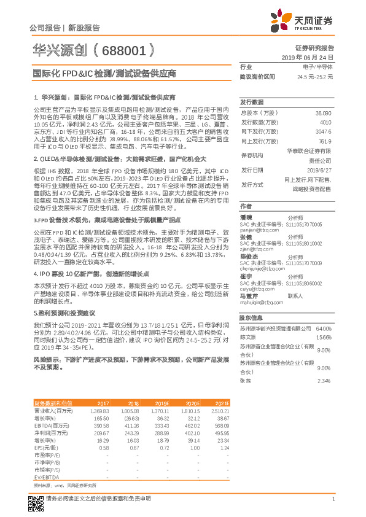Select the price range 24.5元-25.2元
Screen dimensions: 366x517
coord(314,77)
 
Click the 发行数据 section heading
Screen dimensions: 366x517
coord(251,102)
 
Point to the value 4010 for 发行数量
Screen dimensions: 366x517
coord(324,123)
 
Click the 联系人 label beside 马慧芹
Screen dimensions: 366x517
coord(296,295)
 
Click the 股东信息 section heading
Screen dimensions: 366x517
coord(251,318)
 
